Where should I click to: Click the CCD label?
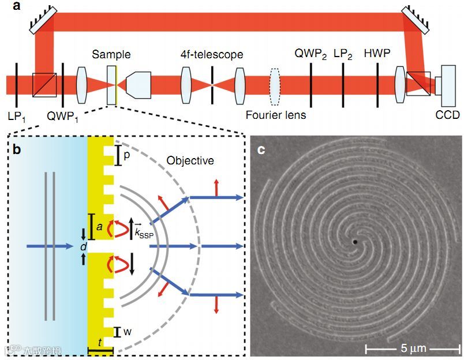(448, 115)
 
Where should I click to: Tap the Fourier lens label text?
(276, 115)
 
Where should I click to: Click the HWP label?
(378, 54)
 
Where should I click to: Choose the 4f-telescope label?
(212, 55)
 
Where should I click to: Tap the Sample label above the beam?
(111, 55)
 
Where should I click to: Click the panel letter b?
(17, 151)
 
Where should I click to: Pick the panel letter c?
(261, 150)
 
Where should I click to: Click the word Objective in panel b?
(190, 161)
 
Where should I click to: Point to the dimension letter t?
(100, 342)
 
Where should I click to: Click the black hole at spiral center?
(355, 242)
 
